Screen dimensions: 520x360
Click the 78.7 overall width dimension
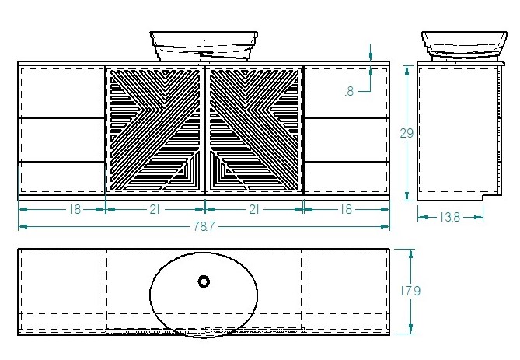[204, 226]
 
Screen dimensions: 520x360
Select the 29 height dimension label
[407, 133]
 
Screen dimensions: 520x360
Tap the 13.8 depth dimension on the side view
[450, 218]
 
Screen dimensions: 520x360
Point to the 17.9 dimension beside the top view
[410, 291]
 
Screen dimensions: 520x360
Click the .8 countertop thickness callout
[350, 91]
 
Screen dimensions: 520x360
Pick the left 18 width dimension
[75, 209]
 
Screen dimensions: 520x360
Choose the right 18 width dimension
[346, 209]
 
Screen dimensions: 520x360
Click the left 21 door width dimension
[155, 209]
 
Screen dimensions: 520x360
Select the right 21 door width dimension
[253, 209]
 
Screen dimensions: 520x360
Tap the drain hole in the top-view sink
[204, 281]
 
